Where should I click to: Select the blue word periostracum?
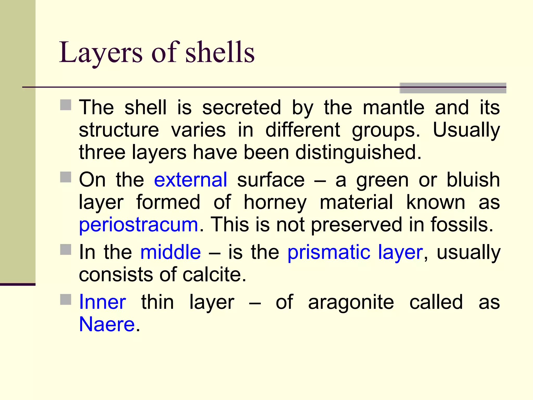pyautogui.click(x=138, y=224)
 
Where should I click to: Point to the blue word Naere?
pyautogui.click(x=107, y=324)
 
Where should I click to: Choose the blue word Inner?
pyautogui.click(x=103, y=302)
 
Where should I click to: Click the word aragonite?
pyautogui.click(x=351, y=302)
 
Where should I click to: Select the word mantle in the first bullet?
pyautogui.click(x=394, y=107)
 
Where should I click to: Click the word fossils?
pyautogui.click(x=462, y=224)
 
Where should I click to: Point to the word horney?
pyautogui.click(x=275, y=202)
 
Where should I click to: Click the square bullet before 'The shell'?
pyautogui.click(x=66, y=105)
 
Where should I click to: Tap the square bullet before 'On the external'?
pyautogui.click(x=66, y=177)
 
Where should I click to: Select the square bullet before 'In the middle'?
pyautogui.click(x=66, y=249)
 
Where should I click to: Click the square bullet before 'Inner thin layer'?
pyautogui.click(x=66, y=299)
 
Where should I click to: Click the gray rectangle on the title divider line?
pyautogui.click(x=453, y=88)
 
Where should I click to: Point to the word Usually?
pyautogui.click(x=466, y=130)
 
